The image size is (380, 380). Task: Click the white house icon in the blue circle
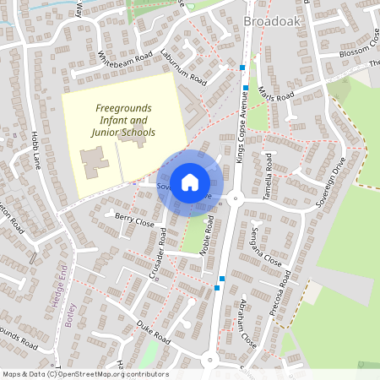coord(190,182)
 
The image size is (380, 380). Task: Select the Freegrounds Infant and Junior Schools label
coord(125,121)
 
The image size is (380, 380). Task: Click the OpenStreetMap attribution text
coord(85,374)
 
